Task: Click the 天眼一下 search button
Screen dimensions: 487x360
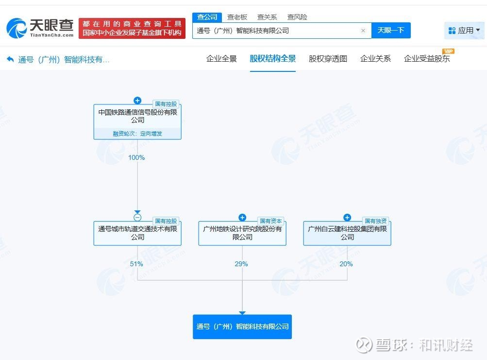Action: [x=391, y=31]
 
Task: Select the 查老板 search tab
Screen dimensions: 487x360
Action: [x=237, y=17]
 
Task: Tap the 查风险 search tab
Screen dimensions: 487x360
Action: [x=297, y=17]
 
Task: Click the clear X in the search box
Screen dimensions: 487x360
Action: [x=363, y=31]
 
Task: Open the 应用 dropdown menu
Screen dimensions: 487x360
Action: [x=464, y=31]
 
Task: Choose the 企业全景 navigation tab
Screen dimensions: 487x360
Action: [x=221, y=58]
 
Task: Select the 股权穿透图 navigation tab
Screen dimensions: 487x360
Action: [x=328, y=58]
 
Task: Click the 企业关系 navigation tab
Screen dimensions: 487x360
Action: [x=375, y=58]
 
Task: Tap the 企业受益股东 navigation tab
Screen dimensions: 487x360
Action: [x=427, y=58]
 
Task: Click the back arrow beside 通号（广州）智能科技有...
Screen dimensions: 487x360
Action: [x=10, y=59]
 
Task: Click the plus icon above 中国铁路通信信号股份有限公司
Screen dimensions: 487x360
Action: [x=137, y=101]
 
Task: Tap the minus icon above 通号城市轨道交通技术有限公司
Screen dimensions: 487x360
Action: [x=137, y=217]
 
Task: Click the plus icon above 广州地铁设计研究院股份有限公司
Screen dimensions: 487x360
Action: [x=242, y=217]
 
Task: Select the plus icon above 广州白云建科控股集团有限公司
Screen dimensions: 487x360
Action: [x=347, y=217]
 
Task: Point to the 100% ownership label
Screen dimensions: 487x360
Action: [x=136, y=157]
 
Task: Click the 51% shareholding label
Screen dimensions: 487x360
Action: [x=136, y=264]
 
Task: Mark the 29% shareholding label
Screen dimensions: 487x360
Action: [x=241, y=264]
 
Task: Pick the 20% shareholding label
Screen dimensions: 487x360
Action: [x=346, y=264]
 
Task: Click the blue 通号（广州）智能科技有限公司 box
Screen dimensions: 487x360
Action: [x=242, y=327]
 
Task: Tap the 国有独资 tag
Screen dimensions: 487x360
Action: [x=375, y=221]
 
